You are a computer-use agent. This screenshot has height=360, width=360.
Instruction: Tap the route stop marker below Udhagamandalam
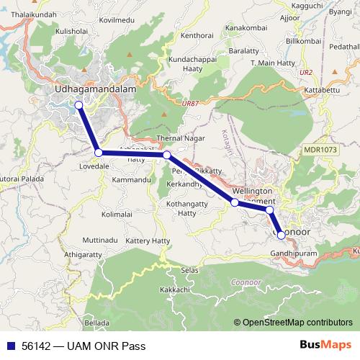78,105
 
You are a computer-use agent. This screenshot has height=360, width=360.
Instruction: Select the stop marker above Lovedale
98,152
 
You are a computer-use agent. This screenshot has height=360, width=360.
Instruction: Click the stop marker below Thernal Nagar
166,155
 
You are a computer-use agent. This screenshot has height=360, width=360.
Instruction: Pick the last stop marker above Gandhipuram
281,235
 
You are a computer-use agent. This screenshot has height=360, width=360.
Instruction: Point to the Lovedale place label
94,166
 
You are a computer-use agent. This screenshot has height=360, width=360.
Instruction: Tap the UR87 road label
191,104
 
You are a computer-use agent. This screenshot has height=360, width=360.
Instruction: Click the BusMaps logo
325,345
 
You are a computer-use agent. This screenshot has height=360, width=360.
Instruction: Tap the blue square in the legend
10,346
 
